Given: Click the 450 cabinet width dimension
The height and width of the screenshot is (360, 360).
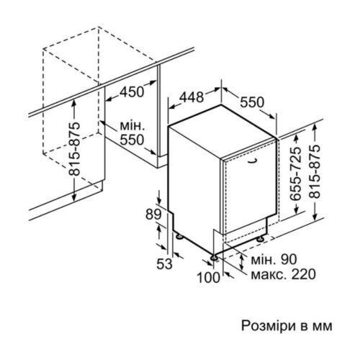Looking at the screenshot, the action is (x=132, y=91).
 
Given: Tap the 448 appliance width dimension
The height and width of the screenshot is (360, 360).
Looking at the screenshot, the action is (x=192, y=97).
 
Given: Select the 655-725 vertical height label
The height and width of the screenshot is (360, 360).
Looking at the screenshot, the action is (x=295, y=174).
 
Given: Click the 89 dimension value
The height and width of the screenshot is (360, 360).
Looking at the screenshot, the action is (x=153, y=215).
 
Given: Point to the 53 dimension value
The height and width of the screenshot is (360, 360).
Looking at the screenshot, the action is (x=165, y=264).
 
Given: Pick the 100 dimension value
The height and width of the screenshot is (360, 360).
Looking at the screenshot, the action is (x=208, y=277).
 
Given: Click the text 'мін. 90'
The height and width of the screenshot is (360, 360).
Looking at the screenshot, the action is (x=274, y=259).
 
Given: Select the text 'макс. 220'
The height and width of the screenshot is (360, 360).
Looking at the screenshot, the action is (x=283, y=274).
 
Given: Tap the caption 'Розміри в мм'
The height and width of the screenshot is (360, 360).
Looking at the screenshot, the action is (x=287, y=326).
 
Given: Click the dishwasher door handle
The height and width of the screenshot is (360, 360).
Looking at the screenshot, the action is (x=253, y=161).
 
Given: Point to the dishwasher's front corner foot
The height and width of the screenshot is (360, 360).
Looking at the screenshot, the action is (x=214, y=258).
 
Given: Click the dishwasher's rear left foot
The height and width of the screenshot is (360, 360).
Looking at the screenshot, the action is (x=179, y=236).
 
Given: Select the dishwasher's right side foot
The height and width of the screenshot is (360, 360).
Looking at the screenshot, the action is (x=260, y=239).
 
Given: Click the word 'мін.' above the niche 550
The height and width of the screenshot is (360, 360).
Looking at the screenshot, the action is (x=132, y=126).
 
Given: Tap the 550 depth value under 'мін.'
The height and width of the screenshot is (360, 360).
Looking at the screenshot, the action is (x=132, y=140).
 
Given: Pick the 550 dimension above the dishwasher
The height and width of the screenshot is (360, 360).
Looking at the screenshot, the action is (x=252, y=102).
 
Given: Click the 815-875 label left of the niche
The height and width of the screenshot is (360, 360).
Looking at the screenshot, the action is (x=74, y=149).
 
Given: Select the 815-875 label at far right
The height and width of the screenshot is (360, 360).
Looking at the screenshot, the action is (x=315, y=171).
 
